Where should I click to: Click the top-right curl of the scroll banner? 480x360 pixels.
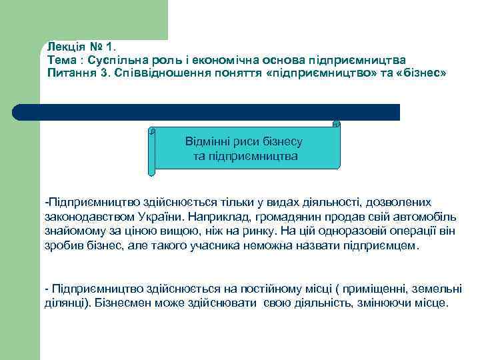[336, 123]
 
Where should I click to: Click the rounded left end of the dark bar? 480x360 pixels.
[19, 112]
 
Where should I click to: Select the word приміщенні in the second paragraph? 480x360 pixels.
[375, 288]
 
